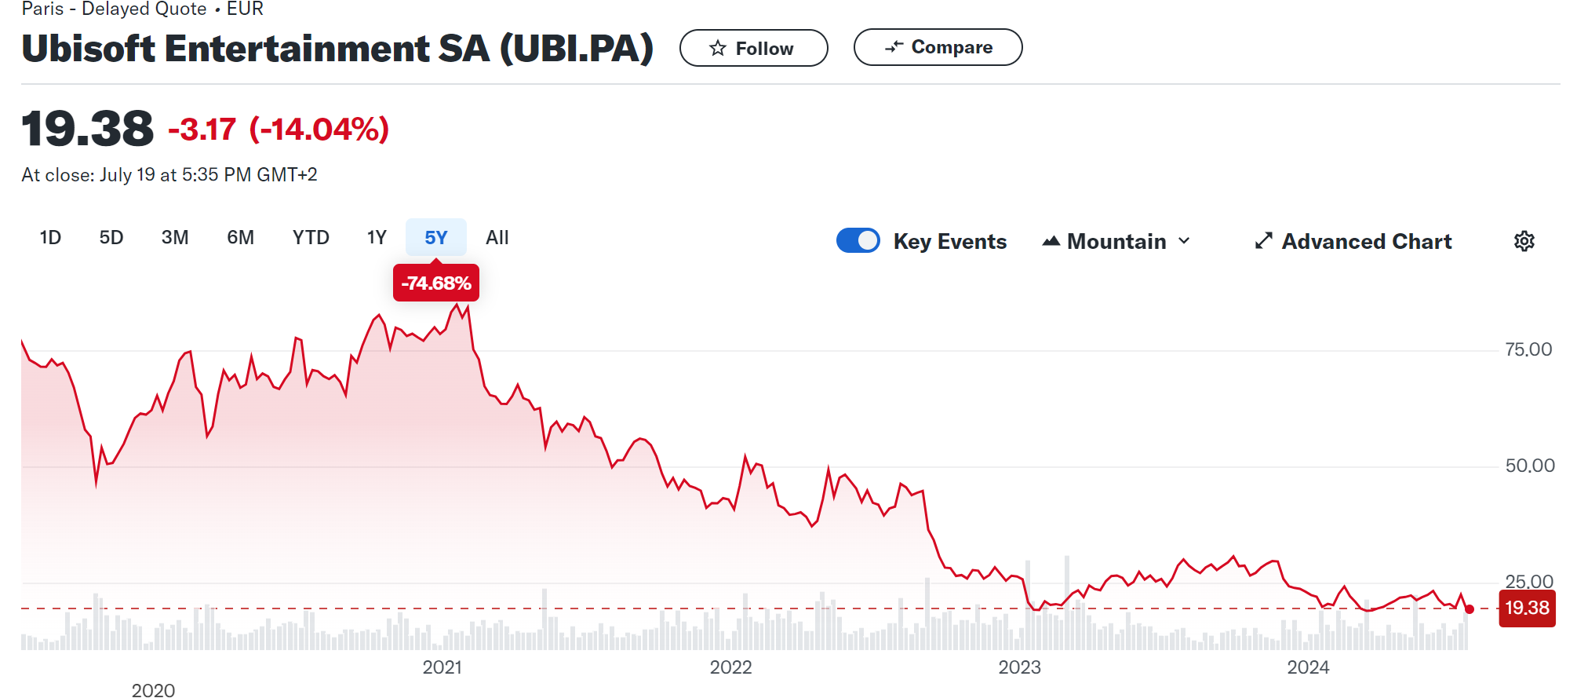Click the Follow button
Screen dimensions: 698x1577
coord(753,49)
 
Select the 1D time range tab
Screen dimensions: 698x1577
coord(50,238)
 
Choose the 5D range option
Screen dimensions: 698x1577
coord(111,238)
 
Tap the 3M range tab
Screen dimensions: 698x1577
coord(175,238)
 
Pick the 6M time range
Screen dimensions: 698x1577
coord(240,238)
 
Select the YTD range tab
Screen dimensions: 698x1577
coord(311,238)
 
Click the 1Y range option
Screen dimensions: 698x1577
coord(377,238)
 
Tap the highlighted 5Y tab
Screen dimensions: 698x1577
coord(436,238)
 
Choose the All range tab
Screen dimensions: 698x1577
coord(497,238)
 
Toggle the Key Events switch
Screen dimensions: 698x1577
coord(858,240)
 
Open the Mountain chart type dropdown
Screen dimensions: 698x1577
coord(1116,242)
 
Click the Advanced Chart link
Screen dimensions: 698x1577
coord(1353,242)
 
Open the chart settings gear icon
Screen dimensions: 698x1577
coord(1524,241)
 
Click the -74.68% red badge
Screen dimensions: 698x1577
coord(436,283)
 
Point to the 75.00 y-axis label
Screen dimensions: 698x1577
coord(1528,349)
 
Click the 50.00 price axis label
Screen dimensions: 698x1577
coord(1529,466)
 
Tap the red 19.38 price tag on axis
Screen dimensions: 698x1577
coord(1527,608)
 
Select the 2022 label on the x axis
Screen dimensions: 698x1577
coord(730,667)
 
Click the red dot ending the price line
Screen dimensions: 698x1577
coord(1470,609)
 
